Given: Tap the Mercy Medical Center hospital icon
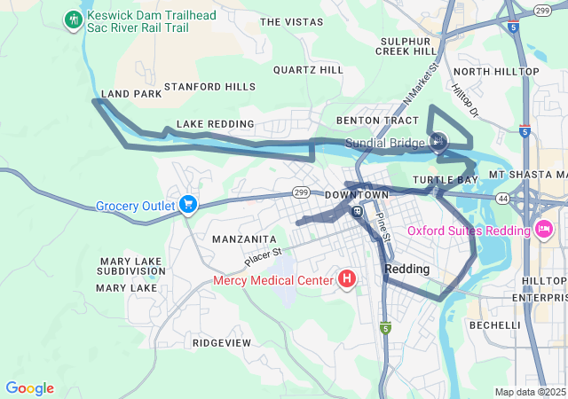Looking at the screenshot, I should pyautogui.click(x=347, y=280).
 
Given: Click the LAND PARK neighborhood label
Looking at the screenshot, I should pyautogui.click(x=131, y=93).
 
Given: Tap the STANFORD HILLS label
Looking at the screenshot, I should pyautogui.click(x=209, y=87).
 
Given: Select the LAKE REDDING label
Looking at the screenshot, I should pyautogui.click(x=215, y=124).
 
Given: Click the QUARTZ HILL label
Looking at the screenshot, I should pyautogui.click(x=308, y=69).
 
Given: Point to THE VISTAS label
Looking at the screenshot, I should pyautogui.click(x=292, y=21).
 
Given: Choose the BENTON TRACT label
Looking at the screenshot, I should pyautogui.click(x=377, y=120).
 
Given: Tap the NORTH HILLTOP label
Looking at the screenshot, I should pyautogui.click(x=496, y=72).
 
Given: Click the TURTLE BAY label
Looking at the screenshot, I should pyautogui.click(x=446, y=180).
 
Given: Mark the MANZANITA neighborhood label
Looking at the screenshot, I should pyautogui.click(x=244, y=239).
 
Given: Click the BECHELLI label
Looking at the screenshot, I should pyautogui.click(x=494, y=325).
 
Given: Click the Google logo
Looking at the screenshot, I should pyautogui.click(x=29, y=388).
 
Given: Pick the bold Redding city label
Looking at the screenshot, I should pyautogui.click(x=407, y=269).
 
